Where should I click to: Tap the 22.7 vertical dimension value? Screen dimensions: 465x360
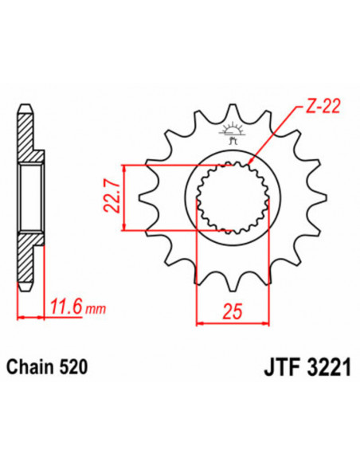112,198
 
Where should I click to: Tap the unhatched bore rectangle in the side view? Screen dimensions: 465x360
30,198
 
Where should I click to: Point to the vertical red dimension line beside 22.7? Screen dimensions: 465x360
126,198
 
